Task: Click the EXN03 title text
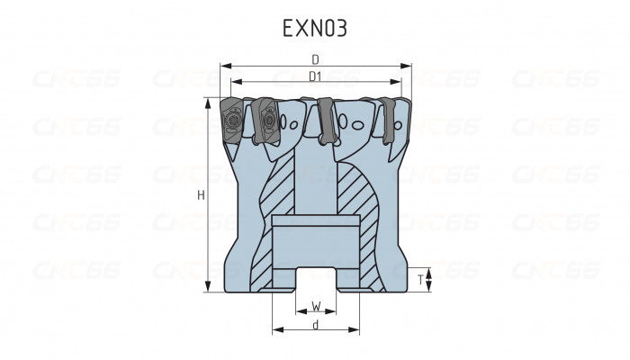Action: tap(315, 28)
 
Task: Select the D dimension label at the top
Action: tap(316, 58)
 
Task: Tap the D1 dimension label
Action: tap(316, 77)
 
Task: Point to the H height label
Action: tap(201, 194)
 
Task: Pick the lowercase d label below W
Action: tap(316, 325)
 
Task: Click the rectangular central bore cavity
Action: tap(316, 239)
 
